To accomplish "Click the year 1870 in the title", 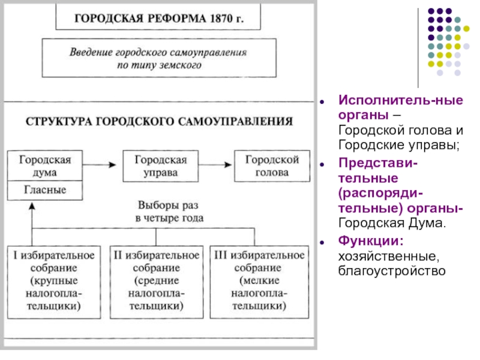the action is tap(221, 19).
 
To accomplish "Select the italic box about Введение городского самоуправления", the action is tap(159, 58).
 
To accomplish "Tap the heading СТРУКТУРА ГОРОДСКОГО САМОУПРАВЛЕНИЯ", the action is tap(159, 122).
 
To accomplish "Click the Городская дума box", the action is tap(45, 166).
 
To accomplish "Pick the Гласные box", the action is tap(45, 190).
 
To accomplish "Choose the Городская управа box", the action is tap(161, 166).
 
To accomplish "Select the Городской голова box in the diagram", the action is tap(272, 166).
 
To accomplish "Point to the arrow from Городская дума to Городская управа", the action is tap(99, 165).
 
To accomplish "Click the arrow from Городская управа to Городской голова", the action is tap(215, 165).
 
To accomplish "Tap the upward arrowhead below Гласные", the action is tap(32, 206).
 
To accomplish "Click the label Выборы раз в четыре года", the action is tap(169, 211).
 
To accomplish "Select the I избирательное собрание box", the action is tap(54, 282).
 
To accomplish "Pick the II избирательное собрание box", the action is tap(157, 282).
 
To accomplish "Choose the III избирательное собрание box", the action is tap(259, 282).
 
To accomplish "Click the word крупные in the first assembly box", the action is tap(54, 281).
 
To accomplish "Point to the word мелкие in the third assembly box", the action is tap(260, 280).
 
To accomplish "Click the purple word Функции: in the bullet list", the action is tap(371, 241).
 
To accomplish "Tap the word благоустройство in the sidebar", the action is tap(392, 271).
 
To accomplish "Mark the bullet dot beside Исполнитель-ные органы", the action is tap(322, 101).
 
